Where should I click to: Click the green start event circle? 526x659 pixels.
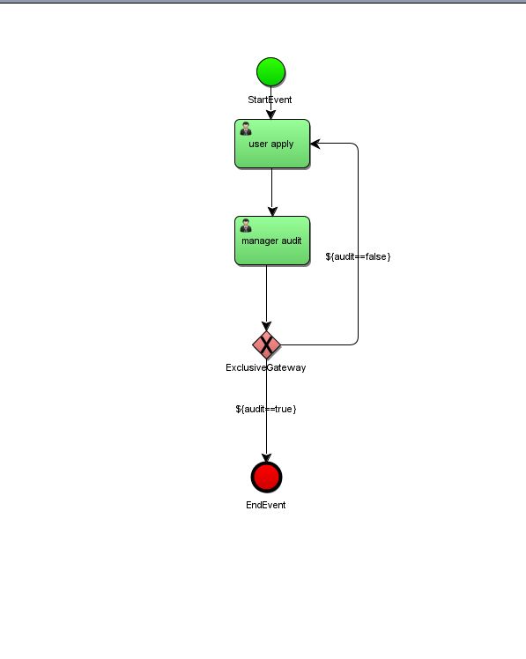[270, 72]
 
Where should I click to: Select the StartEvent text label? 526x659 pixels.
[270, 100]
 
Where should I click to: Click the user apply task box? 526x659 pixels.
[272, 144]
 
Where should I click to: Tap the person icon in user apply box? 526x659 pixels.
[246, 129]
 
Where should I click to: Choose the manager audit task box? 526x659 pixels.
[272, 241]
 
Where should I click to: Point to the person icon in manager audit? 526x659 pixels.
[246, 226]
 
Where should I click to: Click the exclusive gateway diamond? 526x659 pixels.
[267, 344]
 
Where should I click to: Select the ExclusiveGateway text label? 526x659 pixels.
[266, 367]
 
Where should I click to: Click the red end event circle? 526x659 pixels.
[267, 477]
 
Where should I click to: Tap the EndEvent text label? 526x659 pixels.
[266, 505]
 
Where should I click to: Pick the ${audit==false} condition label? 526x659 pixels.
[358, 256]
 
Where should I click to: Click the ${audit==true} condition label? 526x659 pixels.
[266, 409]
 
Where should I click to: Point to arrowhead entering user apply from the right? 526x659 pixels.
[315, 144]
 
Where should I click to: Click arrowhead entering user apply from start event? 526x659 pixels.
[270, 115]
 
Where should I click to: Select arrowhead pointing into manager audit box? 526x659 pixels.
[272, 211]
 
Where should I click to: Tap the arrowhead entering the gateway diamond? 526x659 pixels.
[267, 326]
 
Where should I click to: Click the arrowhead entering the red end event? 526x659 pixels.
[267, 457]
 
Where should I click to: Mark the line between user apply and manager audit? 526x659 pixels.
[271, 192]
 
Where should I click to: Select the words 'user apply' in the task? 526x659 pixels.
[270, 144]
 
